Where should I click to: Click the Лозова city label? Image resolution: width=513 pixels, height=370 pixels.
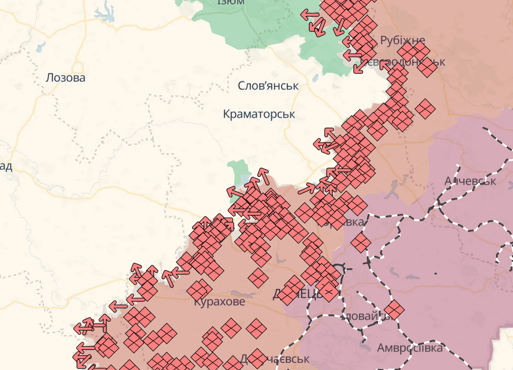(65, 78)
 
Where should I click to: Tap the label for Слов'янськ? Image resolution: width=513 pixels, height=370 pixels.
(268, 86)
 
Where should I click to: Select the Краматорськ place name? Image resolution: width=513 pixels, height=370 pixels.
(259, 114)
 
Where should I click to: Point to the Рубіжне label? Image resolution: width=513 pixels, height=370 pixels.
(403, 40)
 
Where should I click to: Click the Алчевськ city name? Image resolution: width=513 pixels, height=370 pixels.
(470, 181)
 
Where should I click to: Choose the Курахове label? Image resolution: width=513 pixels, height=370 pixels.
(219, 302)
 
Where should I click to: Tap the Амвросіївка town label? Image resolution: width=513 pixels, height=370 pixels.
(409, 348)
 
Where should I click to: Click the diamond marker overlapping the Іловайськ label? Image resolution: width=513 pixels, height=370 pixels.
(393, 310)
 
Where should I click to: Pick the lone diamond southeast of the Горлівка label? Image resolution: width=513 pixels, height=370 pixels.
(361, 242)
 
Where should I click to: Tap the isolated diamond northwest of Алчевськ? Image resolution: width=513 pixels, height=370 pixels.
(425, 109)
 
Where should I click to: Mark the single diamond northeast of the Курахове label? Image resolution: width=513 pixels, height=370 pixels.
(258, 278)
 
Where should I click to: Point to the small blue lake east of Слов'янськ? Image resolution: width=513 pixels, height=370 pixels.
(315, 77)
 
